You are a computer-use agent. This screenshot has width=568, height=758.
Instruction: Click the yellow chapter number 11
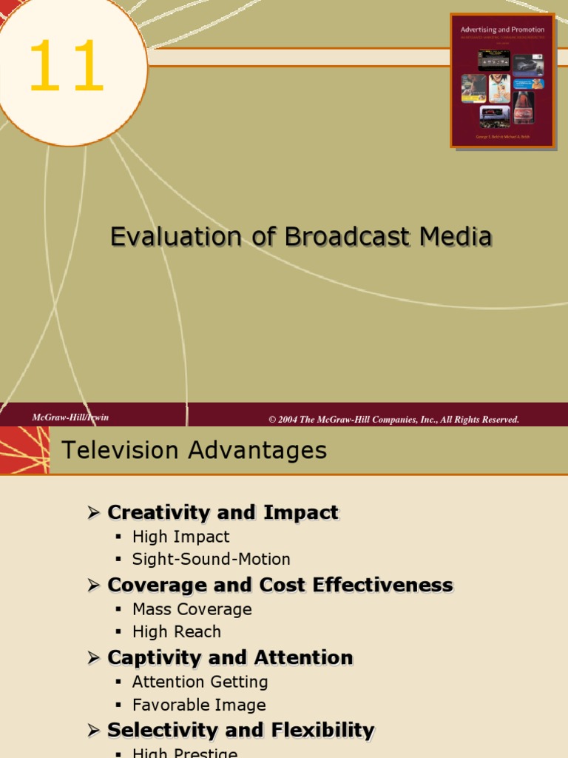[66, 67]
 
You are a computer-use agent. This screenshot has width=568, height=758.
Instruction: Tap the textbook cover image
[502, 79]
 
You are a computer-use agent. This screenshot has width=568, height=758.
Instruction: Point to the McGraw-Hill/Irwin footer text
[70, 417]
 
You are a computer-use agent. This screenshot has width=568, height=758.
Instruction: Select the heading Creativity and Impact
[223, 512]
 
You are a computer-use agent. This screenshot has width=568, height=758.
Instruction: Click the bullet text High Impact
[180, 537]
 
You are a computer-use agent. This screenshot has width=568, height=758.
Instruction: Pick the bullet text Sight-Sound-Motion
[211, 559]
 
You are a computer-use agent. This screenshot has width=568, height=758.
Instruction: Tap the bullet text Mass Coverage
[192, 609]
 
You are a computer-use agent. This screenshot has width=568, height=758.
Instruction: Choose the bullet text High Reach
[176, 631]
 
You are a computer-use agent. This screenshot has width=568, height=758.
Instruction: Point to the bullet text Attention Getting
[200, 682]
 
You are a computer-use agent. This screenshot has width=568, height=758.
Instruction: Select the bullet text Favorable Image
[199, 705]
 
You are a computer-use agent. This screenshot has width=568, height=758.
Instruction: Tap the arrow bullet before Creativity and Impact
[93, 512]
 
